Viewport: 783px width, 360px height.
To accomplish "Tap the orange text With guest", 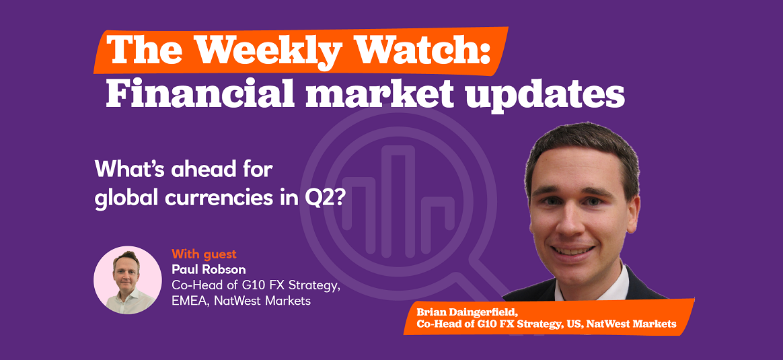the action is [x=204, y=254].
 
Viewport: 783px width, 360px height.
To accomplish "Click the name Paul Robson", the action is [x=209, y=270].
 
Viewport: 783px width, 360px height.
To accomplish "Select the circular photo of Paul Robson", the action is [x=127, y=280].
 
